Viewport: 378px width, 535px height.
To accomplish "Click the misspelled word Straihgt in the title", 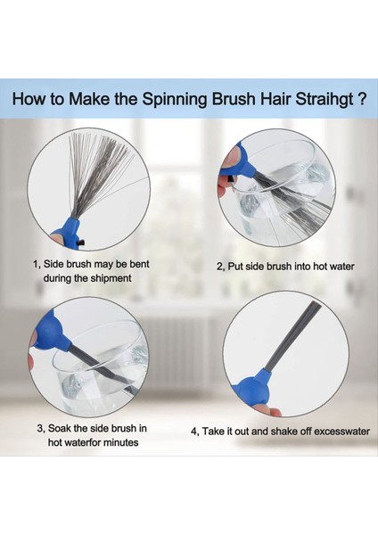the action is [x=324, y=99].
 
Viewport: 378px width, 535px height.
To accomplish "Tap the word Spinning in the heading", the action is [x=175, y=100].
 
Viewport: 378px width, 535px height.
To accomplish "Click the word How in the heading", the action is [x=29, y=99].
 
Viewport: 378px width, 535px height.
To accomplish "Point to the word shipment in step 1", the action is [x=111, y=278].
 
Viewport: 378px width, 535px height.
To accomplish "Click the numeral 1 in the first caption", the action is [x=35, y=264].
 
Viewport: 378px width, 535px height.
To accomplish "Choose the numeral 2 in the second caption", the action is [x=220, y=267].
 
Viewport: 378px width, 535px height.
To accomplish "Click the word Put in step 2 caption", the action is [x=234, y=266].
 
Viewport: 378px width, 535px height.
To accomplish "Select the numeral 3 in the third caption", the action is [x=40, y=428].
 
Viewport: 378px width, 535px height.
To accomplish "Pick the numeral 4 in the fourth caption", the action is [x=193, y=432].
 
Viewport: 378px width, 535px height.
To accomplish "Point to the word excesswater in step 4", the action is [x=341, y=432].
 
